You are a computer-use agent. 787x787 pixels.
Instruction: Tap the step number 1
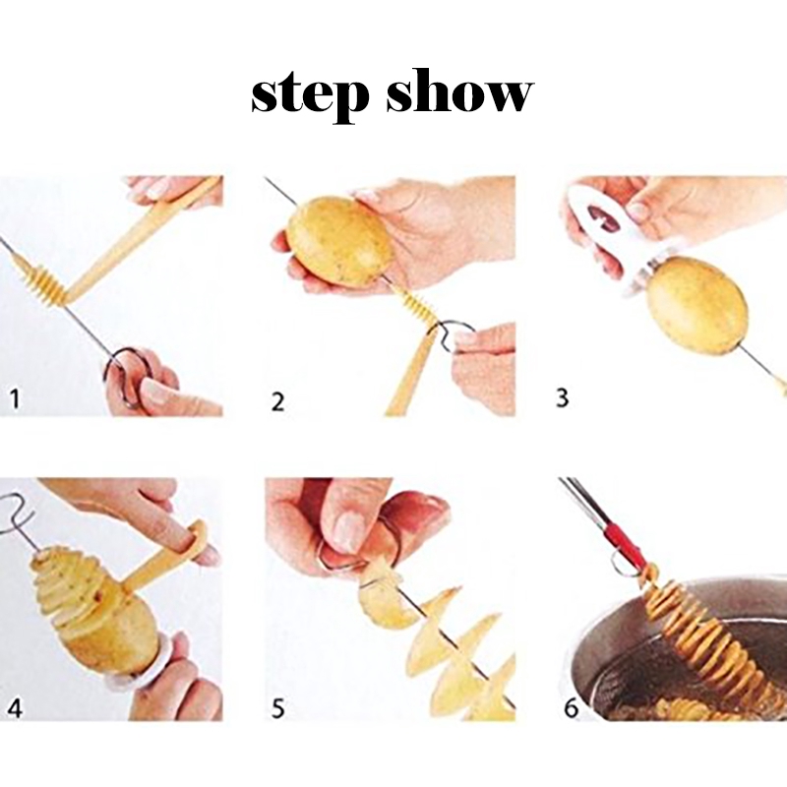(x=15, y=399)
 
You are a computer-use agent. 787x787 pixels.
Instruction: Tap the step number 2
(x=277, y=402)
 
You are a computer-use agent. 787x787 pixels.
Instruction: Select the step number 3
(x=563, y=397)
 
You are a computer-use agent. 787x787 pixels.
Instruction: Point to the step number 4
(x=15, y=708)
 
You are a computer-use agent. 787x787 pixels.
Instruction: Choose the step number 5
(x=277, y=708)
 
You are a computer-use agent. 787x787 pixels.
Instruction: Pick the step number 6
(x=572, y=708)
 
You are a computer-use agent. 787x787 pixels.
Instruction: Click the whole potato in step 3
(x=696, y=304)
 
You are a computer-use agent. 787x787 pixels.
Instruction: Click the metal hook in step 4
(x=17, y=515)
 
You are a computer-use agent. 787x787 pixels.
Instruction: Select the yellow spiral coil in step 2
(x=415, y=305)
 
